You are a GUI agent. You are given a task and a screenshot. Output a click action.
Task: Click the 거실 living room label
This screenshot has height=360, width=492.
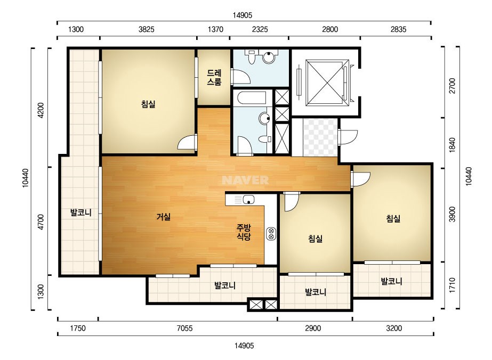point(164,216)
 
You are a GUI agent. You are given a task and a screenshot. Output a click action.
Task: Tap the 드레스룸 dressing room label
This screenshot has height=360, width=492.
point(214,77)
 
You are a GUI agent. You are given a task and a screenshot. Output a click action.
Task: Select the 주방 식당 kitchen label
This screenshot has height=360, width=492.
point(244,232)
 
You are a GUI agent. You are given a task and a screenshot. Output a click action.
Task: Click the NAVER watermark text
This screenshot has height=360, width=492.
point(245,180)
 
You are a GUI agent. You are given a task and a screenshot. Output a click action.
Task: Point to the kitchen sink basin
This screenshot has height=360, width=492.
point(248,200)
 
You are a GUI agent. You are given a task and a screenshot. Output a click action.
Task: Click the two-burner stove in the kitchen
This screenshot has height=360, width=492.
point(271,234)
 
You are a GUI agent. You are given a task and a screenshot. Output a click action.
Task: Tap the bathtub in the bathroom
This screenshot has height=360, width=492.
point(252,97)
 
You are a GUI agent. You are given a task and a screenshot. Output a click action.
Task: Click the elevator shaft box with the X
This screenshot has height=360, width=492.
point(327,83)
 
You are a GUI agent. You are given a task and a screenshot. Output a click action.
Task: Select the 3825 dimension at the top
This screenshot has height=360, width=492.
point(147,29)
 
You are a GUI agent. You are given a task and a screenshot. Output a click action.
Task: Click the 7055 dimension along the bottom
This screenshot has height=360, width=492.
point(184,329)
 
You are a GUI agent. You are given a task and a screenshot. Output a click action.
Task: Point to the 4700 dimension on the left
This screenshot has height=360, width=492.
point(41,222)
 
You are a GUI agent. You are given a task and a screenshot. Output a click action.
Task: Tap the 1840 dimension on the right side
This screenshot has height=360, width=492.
point(452,145)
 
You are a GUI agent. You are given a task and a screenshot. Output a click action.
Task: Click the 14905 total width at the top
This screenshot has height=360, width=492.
point(243,15)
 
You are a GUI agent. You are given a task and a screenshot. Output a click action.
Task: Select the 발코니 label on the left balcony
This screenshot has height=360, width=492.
point(80,212)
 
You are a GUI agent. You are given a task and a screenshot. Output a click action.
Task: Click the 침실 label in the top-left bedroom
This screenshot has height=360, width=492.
point(148,104)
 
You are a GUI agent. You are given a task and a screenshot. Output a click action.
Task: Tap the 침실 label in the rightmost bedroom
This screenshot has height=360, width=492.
point(393,218)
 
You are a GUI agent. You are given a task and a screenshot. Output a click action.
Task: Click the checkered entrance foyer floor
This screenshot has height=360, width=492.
point(320,137)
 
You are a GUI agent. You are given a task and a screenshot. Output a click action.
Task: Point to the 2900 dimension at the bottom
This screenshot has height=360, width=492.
point(313,329)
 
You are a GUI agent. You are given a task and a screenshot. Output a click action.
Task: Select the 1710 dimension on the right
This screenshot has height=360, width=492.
point(452,285)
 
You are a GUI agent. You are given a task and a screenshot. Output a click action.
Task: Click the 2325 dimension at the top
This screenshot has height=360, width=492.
point(260,29)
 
